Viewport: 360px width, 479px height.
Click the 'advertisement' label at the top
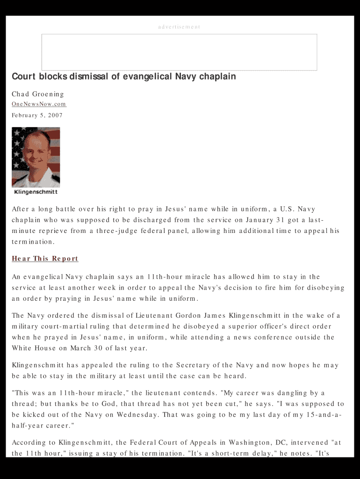click(x=179, y=27)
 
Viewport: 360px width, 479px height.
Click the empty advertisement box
click(x=179, y=52)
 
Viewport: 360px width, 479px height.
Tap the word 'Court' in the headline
click(x=24, y=76)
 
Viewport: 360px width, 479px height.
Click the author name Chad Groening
click(x=38, y=94)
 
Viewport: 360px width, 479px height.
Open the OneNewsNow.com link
click(x=39, y=104)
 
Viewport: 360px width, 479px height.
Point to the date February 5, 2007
click(x=37, y=115)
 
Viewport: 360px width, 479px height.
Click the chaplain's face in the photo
click(x=35, y=152)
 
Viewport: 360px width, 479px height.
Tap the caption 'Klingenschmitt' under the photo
click(x=36, y=192)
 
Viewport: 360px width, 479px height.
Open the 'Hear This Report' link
click(x=45, y=259)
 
